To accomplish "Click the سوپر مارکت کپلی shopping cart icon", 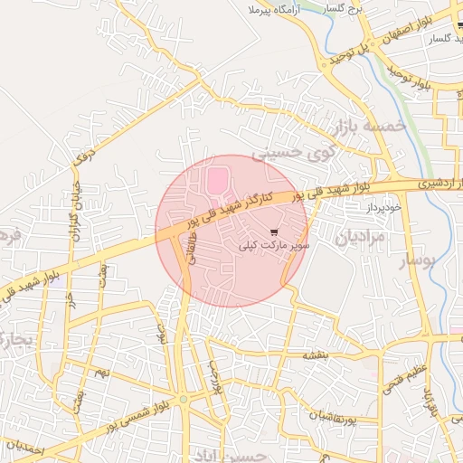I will [x=274, y=232].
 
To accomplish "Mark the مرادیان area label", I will [x=360, y=238].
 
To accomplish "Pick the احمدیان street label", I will [x=23, y=448].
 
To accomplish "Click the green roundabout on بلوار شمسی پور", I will [x=184, y=398].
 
